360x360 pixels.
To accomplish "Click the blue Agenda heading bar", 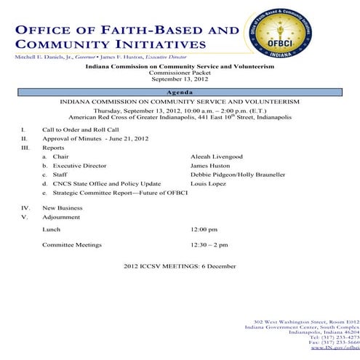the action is pos(180,93).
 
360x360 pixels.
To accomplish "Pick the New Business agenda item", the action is pos(63,207).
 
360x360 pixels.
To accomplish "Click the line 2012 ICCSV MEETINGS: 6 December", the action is pos(180,265).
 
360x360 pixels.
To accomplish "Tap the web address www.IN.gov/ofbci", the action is pos(335,348).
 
